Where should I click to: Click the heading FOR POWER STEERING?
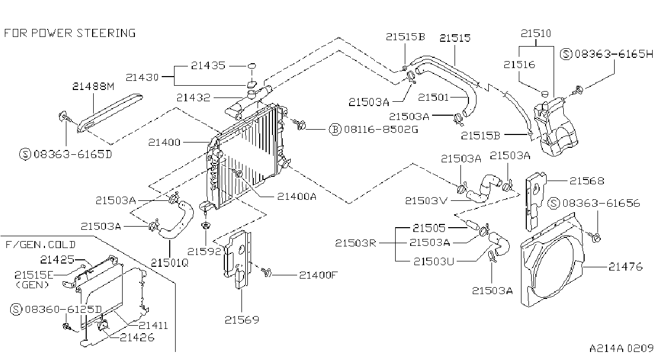tap(70, 33)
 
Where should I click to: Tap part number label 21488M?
tap(93, 86)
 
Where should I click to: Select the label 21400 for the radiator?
tap(164, 142)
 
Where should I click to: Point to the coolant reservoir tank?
tap(555, 126)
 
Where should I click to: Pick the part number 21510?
tap(536, 33)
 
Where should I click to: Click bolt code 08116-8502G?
tap(381, 129)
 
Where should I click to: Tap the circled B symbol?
tap(335, 129)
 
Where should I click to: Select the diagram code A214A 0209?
tap(622, 348)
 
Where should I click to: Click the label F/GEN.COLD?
tap(41, 244)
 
